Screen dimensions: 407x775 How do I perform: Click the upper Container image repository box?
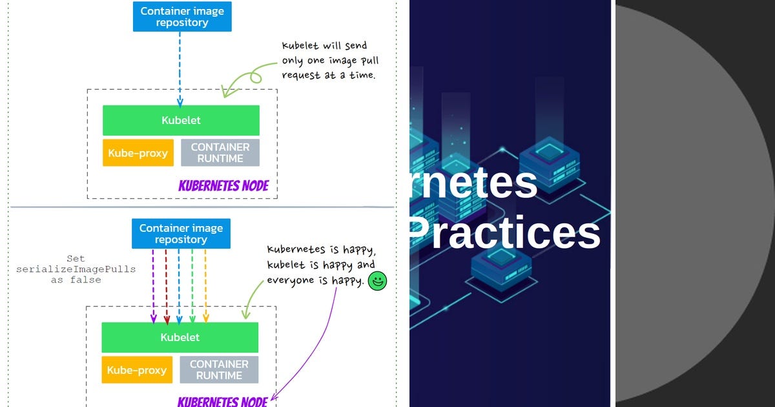click(x=181, y=17)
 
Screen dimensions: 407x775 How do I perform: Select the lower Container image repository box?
click(x=181, y=234)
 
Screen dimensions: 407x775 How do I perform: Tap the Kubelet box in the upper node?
click(x=181, y=120)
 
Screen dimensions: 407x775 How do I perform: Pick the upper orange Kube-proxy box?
click(x=138, y=153)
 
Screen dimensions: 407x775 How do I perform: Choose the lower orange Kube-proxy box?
click(x=137, y=370)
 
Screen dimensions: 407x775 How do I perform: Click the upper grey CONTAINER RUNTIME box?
click(x=220, y=153)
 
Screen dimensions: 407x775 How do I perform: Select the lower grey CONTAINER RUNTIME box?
click(x=219, y=370)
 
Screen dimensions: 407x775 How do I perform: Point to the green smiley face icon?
click(x=377, y=281)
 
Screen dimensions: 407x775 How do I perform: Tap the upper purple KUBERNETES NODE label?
click(x=223, y=187)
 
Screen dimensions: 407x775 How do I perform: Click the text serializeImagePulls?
click(x=76, y=269)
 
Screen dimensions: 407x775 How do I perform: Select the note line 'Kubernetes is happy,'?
click(x=321, y=249)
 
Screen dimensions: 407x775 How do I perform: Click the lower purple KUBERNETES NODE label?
click(x=222, y=402)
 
